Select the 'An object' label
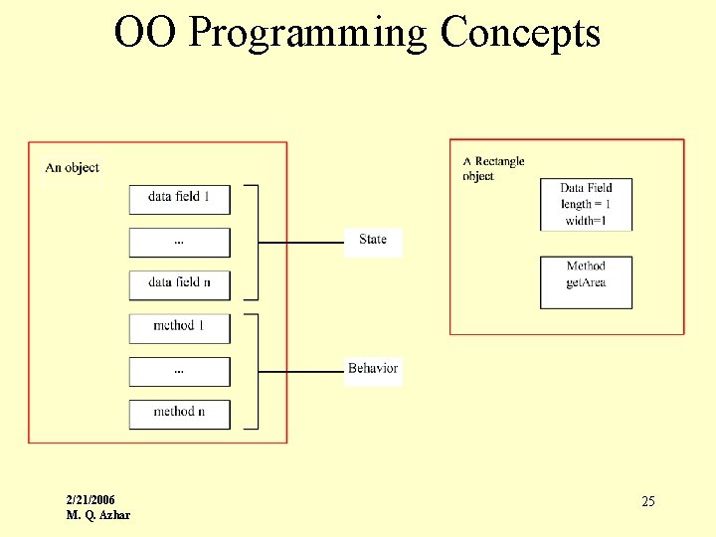pos(73,168)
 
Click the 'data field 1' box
pos(179,198)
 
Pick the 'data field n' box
pos(179,283)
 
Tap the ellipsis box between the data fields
pos(179,242)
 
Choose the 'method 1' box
pos(179,327)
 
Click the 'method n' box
pos(179,413)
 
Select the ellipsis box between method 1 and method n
pos(179,371)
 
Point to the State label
pos(373,240)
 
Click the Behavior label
pos(373,369)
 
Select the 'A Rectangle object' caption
pos(493,169)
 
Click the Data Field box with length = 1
pos(586,204)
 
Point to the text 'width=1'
pos(586,221)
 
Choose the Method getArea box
pos(586,282)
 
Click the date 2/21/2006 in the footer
pos(90,499)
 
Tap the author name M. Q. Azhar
pos(97,515)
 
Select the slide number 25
pos(647,502)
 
